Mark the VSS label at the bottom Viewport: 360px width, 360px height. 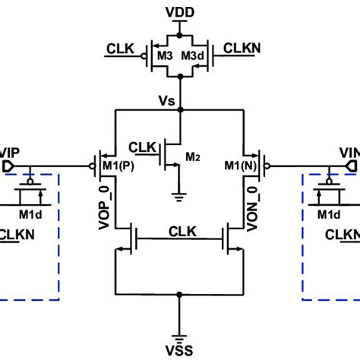(x=179, y=347)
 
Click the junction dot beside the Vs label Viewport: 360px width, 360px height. (x=179, y=110)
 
